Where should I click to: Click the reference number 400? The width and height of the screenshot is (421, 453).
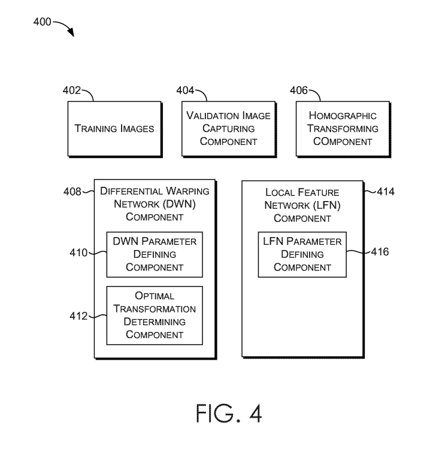[x=41, y=23]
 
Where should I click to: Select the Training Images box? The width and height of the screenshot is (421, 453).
[x=114, y=128]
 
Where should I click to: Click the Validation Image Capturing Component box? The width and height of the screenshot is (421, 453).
[x=228, y=128]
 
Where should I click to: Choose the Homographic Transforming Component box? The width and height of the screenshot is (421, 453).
[x=343, y=128]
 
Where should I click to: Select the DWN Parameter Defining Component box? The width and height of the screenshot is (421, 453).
[x=154, y=254]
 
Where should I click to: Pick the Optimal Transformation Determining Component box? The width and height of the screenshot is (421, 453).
[x=154, y=315]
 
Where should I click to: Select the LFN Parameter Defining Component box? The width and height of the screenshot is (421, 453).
[x=302, y=254]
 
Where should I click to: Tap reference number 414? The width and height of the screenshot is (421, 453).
[x=386, y=192]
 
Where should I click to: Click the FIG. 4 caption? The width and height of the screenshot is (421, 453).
[x=228, y=414]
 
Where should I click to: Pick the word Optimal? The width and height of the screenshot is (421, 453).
[x=155, y=296]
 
